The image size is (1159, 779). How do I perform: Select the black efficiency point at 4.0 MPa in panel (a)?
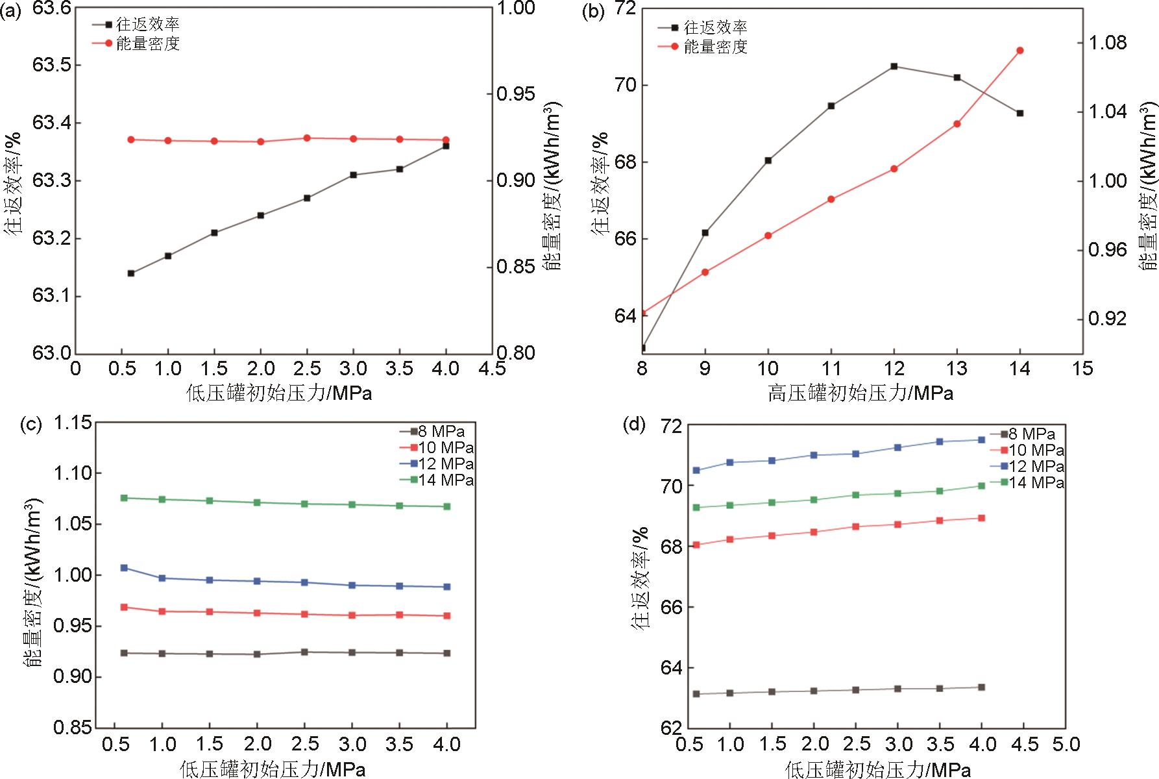tap(446, 146)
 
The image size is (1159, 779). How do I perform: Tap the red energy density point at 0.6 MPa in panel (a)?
tap(131, 140)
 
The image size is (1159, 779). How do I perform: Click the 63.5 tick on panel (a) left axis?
tap(52, 65)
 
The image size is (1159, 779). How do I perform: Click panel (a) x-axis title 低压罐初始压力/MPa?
tap(280, 393)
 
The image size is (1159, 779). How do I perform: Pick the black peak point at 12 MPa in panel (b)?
tap(894, 66)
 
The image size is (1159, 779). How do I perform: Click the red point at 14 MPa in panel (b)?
tap(1019, 51)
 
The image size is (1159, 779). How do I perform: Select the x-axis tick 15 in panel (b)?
tap(1082, 369)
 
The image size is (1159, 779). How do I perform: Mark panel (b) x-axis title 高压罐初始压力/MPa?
tap(860, 393)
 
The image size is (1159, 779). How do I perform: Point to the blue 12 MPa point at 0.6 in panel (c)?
tap(124, 568)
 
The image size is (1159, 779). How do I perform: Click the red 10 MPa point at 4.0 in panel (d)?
tap(981, 518)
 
